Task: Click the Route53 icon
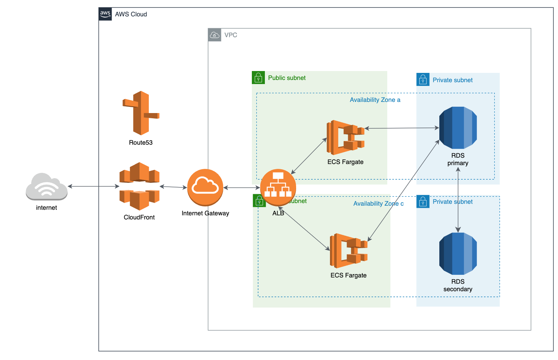(141, 113)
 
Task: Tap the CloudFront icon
(139, 186)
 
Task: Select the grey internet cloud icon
(46, 187)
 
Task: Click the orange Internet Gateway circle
(205, 187)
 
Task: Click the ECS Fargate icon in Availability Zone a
(346, 137)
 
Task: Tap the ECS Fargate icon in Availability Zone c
(349, 251)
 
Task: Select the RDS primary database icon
(458, 128)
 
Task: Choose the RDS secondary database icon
(458, 254)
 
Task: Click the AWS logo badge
(105, 14)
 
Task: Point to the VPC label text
(231, 35)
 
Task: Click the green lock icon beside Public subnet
(258, 78)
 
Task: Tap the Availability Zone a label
(375, 100)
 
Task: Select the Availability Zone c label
(378, 203)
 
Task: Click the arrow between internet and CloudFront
(93, 186)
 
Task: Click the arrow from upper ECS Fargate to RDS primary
(402, 128)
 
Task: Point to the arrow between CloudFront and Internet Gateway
(173, 187)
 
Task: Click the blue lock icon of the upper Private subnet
(423, 80)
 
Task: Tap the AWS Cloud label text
(131, 14)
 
